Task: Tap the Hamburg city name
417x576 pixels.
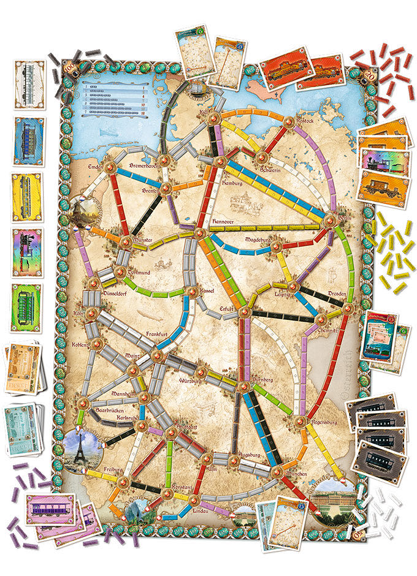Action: [234, 183]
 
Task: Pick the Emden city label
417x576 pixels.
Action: [94, 169]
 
